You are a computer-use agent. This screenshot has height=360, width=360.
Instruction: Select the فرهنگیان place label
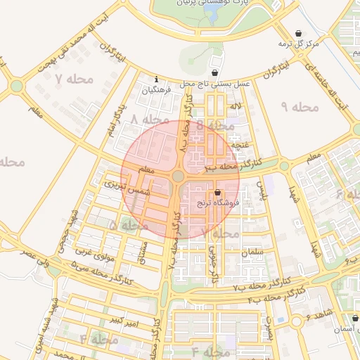click(156, 90)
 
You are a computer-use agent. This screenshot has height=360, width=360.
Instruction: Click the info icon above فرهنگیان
click(155, 79)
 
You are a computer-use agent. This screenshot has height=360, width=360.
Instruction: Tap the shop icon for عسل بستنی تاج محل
click(214, 73)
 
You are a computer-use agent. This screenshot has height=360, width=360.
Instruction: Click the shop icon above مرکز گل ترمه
click(300, 33)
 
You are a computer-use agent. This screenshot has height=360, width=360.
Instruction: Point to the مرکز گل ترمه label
click(299, 44)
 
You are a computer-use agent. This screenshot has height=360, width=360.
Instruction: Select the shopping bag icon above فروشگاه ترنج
click(217, 192)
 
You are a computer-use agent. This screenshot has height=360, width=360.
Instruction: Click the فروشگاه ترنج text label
click(218, 202)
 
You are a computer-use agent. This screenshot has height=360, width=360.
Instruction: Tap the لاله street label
click(236, 106)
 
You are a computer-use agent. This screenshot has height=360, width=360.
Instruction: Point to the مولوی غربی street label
click(94, 251)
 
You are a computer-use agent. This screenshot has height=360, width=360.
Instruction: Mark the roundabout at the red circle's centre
click(179, 176)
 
